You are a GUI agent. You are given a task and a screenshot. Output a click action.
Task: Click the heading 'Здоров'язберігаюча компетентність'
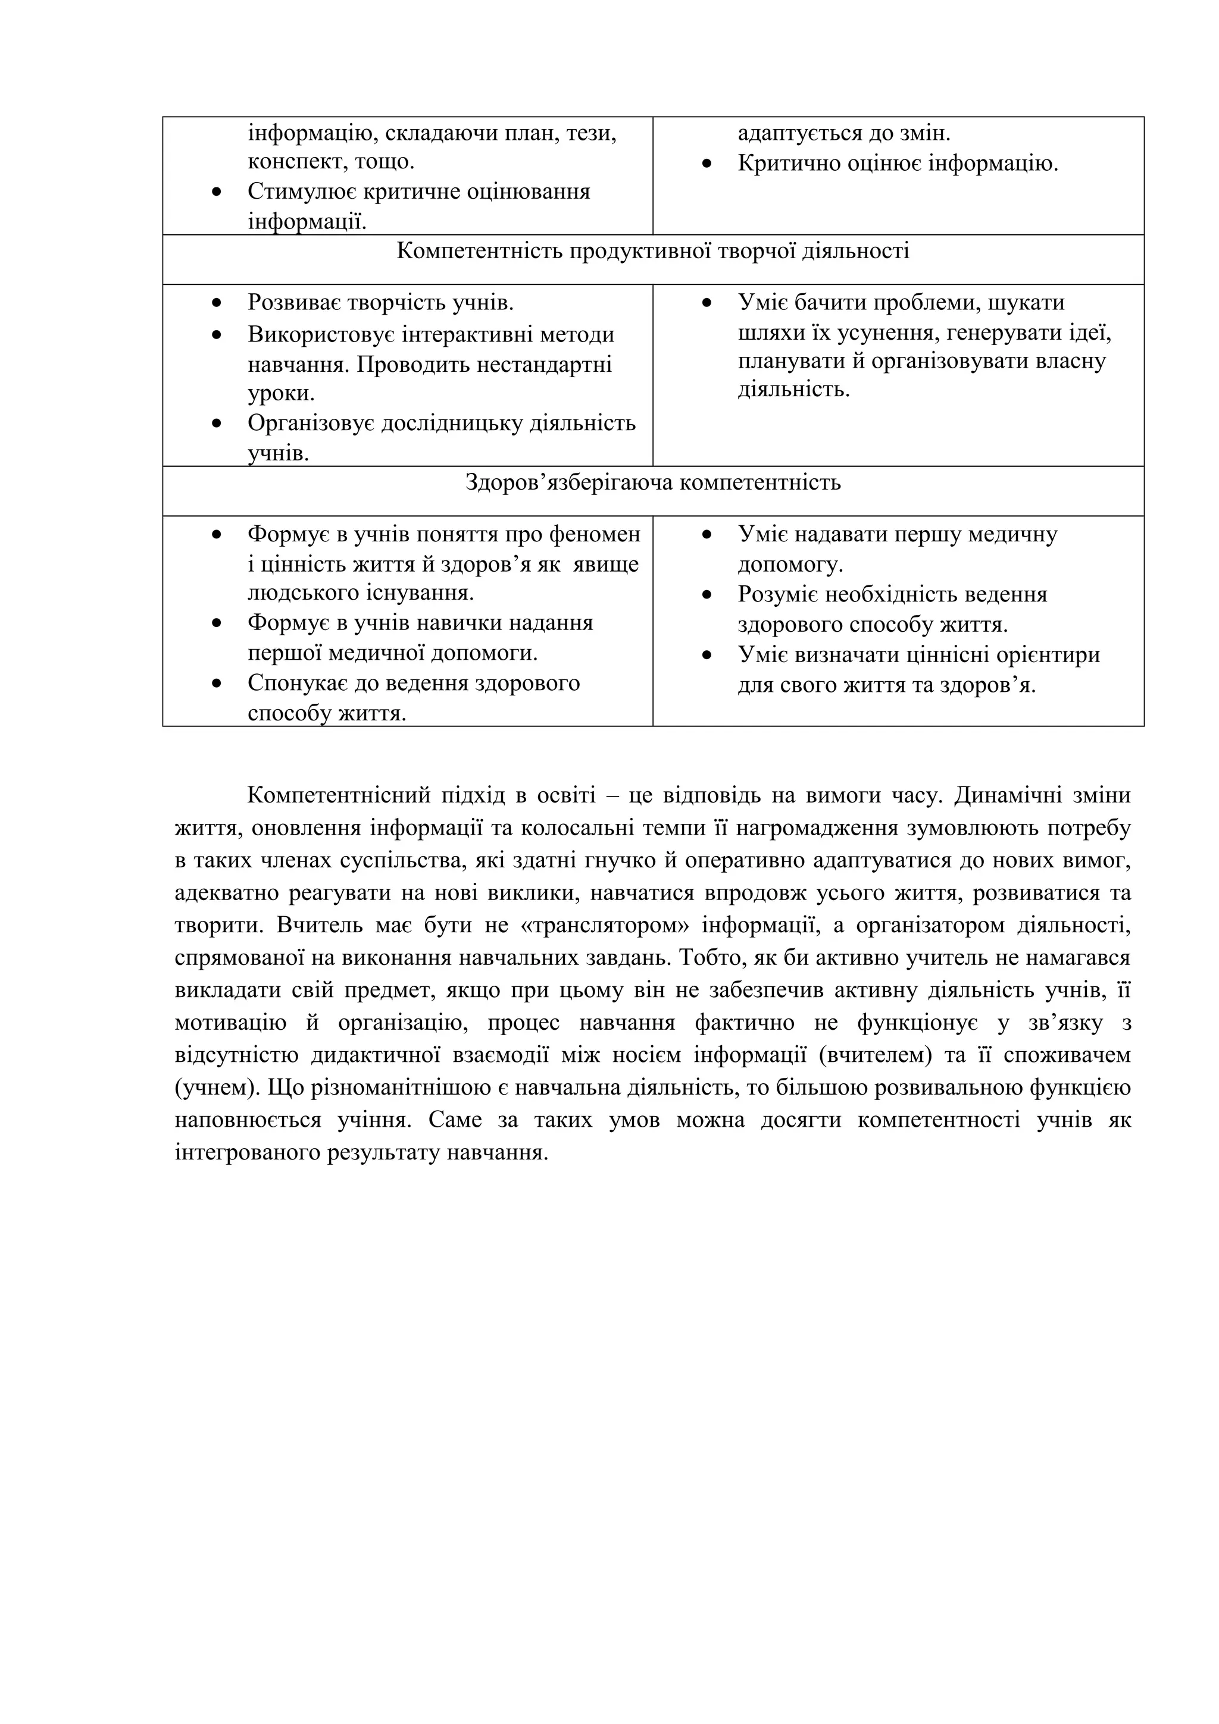(x=652, y=482)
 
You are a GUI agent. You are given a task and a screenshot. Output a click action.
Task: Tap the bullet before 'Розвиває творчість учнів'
(x=217, y=304)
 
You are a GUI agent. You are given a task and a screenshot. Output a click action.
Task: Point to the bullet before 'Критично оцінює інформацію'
(x=707, y=164)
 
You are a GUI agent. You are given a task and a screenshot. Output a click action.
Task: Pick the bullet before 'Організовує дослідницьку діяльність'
(x=217, y=424)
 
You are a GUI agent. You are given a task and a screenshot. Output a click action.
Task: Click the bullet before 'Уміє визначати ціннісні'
(x=707, y=656)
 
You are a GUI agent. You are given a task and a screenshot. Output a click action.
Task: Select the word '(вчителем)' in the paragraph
(x=875, y=1055)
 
